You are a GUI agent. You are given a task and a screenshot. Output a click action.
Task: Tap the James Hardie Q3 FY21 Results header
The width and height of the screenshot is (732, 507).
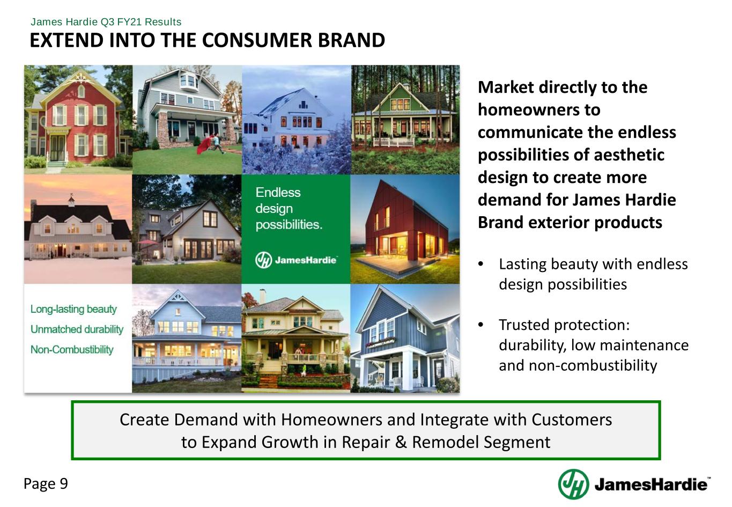click(106, 22)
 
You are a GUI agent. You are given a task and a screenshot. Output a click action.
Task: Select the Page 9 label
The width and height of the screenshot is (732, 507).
click(46, 483)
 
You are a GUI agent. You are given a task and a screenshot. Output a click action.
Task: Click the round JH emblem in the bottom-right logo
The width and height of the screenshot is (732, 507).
click(573, 484)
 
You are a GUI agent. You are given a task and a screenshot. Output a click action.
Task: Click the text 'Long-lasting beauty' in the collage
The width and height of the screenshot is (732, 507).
click(73, 309)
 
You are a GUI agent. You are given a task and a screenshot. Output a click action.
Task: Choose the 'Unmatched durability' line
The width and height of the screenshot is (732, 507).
click(77, 329)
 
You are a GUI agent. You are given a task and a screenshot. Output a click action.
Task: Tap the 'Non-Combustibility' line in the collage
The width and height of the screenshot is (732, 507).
click(72, 349)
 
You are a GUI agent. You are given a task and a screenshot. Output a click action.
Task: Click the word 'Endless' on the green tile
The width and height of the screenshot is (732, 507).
click(278, 192)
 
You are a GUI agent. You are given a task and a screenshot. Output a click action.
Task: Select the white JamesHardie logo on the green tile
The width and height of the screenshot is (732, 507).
click(296, 260)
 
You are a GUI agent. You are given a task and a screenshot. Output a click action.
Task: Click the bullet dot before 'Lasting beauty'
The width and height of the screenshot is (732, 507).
click(480, 264)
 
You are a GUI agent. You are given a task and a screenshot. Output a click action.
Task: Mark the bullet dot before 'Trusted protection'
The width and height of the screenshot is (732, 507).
click(480, 325)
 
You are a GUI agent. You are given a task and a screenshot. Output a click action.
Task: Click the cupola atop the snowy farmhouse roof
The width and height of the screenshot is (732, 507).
click(71, 200)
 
